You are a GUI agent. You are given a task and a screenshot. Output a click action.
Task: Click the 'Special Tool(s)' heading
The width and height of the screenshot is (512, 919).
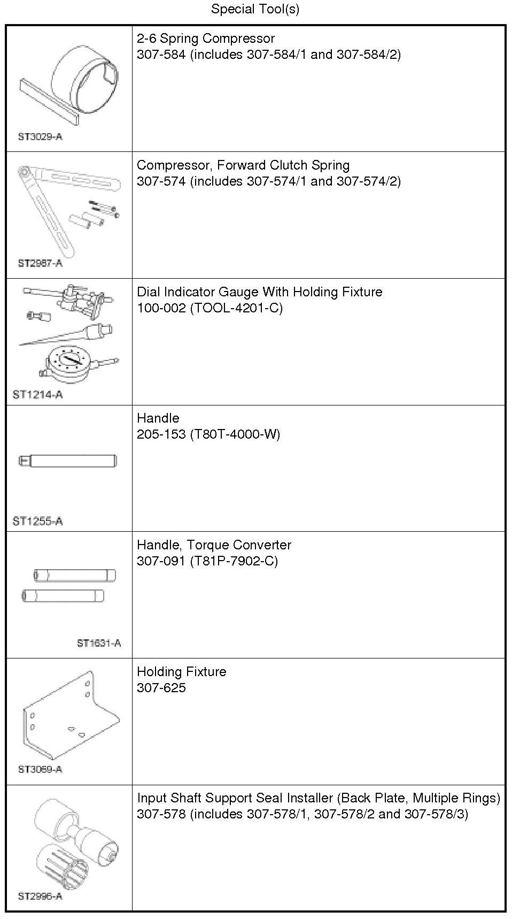(x=255, y=9)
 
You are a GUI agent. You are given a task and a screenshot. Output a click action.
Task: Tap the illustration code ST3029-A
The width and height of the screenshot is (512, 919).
(x=40, y=136)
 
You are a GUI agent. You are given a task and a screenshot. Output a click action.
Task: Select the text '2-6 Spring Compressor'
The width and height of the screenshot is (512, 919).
(x=206, y=39)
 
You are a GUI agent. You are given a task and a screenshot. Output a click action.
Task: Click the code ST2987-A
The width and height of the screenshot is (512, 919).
(x=40, y=263)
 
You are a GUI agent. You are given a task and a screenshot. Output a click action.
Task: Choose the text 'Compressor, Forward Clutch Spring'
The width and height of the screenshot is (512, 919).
(x=243, y=165)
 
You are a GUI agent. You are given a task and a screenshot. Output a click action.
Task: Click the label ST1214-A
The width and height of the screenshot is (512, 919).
(x=37, y=395)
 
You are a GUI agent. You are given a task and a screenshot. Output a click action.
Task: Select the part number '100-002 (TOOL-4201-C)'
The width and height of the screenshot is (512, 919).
(x=210, y=308)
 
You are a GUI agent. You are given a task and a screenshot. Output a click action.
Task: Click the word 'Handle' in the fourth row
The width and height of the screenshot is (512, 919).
(x=158, y=418)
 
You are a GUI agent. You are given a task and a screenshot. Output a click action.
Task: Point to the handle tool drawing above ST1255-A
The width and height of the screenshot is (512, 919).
(x=68, y=461)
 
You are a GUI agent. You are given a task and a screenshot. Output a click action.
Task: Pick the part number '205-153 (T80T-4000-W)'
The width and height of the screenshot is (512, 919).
(x=208, y=434)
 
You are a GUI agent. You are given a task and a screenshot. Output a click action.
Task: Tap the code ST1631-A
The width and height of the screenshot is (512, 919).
(x=99, y=643)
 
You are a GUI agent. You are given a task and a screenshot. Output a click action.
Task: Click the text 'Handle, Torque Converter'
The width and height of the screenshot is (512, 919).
(x=214, y=545)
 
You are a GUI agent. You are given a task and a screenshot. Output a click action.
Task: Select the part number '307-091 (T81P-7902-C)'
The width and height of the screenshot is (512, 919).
(x=207, y=561)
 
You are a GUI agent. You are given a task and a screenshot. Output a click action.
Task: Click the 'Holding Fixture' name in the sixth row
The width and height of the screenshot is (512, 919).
(x=182, y=672)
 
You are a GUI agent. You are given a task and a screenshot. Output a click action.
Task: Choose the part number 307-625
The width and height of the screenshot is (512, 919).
(x=161, y=688)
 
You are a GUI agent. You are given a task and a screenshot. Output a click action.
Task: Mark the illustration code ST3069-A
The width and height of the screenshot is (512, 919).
(x=40, y=769)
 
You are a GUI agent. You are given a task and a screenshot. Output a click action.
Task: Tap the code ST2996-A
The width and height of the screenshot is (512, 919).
(x=40, y=896)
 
